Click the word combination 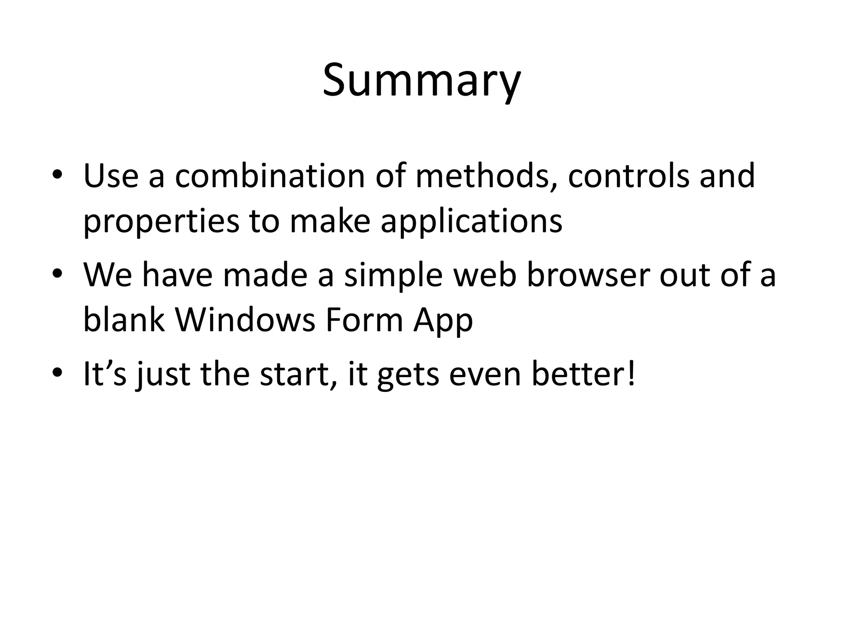pyautogui.click(x=270, y=176)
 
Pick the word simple pyautogui.click(x=393, y=275)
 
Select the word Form pyautogui.click(x=364, y=320)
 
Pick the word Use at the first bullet pyautogui.click(x=111, y=176)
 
